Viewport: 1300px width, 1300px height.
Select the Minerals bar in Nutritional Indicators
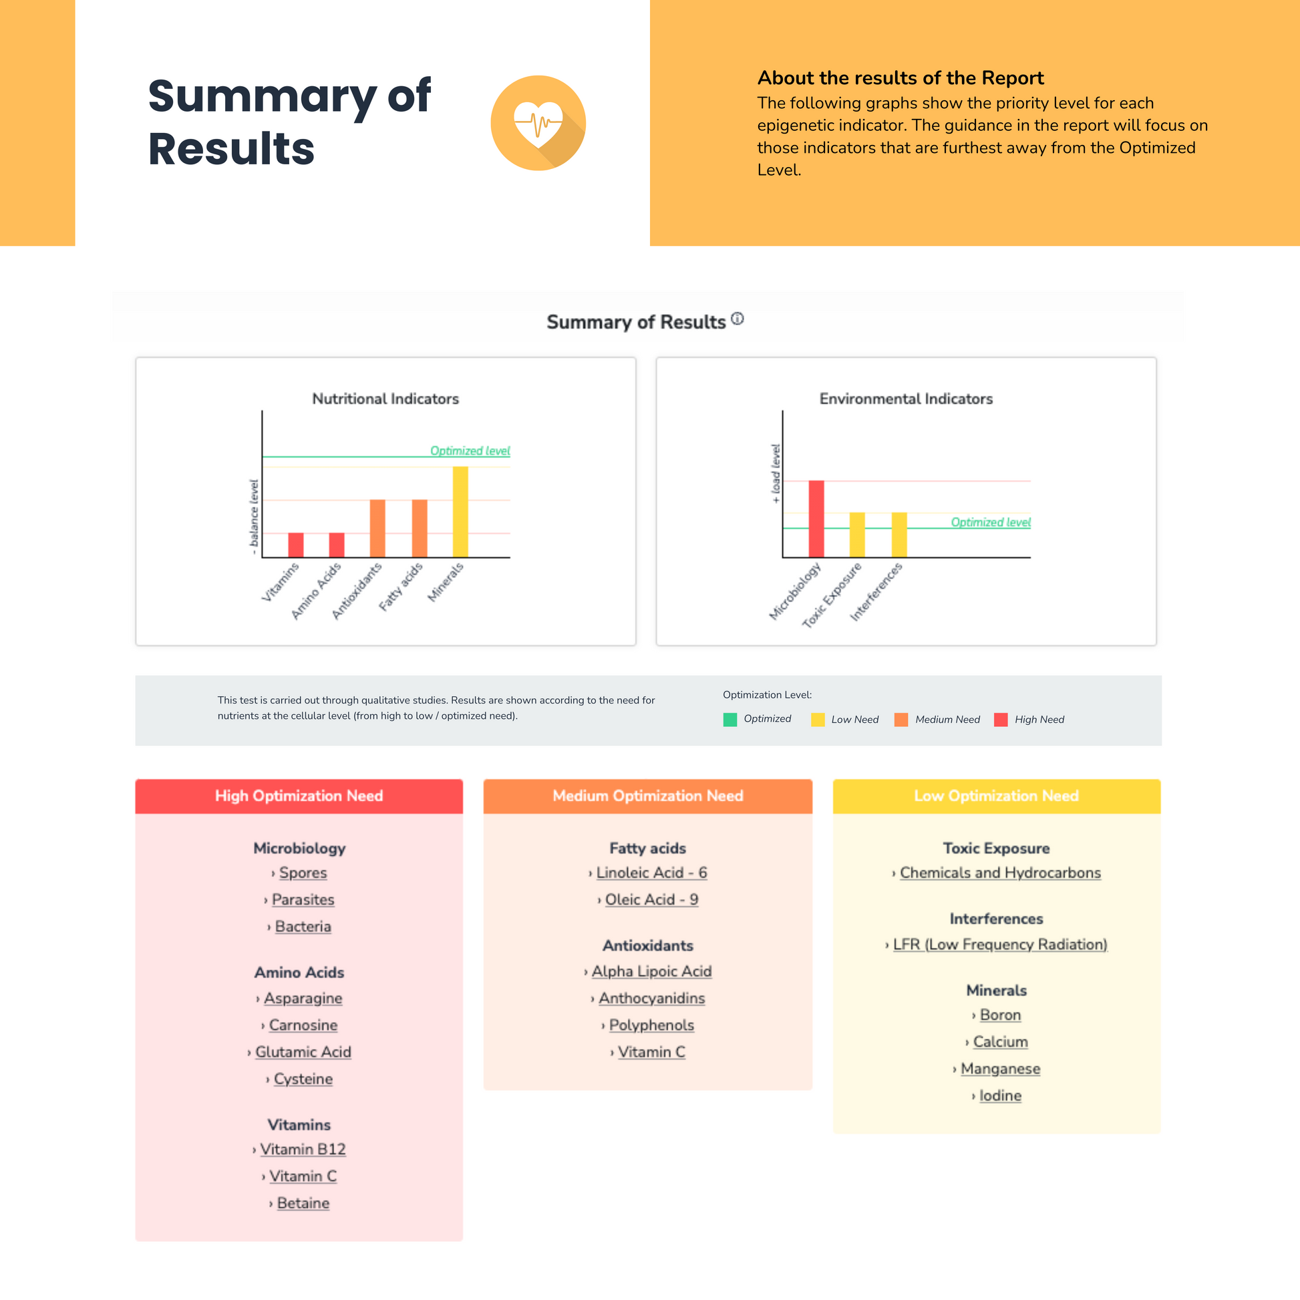tap(460, 512)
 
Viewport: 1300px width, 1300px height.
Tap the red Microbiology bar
tap(816, 519)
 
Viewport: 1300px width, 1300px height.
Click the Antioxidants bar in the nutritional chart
tap(377, 528)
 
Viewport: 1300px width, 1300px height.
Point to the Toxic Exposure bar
tap(856, 535)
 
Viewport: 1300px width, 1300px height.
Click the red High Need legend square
tap(1001, 719)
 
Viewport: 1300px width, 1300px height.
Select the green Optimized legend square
tap(730, 719)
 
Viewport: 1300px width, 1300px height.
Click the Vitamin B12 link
tap(303, 1149)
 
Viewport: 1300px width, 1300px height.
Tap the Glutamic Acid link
tap(303, 1051)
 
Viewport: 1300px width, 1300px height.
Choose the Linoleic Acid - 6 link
tap(651, 872)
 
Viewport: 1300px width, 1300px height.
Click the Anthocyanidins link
tap(651, 998)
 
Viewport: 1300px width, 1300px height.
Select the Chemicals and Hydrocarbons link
tap(1000, 872)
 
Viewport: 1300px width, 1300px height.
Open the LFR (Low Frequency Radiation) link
tap(1000, 944)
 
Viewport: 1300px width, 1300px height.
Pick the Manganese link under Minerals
tap(1000, 1069)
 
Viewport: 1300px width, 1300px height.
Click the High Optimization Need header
tap(299, 796)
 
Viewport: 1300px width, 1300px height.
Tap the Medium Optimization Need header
tap(648, 796)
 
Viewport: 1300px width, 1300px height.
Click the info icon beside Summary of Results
tap(738, 319)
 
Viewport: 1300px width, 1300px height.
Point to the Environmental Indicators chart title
tap(906, 399)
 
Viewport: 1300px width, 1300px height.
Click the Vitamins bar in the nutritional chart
tap(296, 545)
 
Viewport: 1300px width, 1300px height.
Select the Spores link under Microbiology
tap(303, 872)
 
